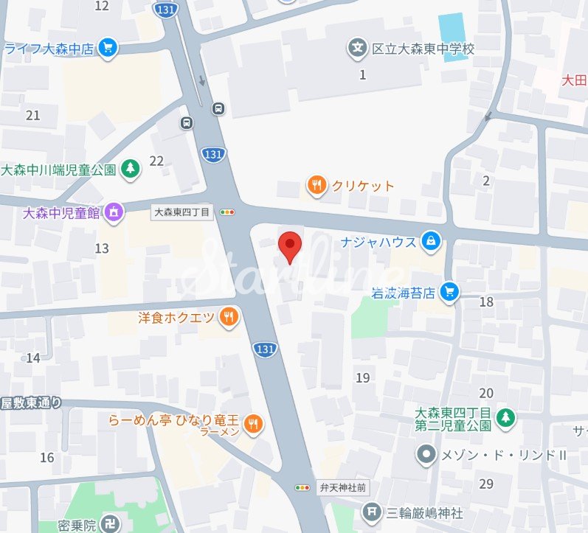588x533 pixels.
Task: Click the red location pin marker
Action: (290, 244)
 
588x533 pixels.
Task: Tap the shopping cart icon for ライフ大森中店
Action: (108, 49)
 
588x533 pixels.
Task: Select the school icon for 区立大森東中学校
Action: (357, 49)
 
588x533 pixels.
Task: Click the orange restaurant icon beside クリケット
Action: (316, 186)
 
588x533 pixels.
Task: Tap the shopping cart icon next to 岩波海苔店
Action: (449, 292)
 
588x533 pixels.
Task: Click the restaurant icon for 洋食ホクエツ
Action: (229, 317)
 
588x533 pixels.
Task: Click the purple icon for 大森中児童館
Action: (114, 213)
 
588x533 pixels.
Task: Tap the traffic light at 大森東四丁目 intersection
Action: (228, 212)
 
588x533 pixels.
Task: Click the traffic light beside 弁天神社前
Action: (302, 487)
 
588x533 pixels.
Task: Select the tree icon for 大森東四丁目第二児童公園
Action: (505, 418)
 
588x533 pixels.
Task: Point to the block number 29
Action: (485, 484)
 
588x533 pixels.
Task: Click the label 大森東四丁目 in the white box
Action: (181, 212)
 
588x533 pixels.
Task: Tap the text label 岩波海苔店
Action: (404, 292)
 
